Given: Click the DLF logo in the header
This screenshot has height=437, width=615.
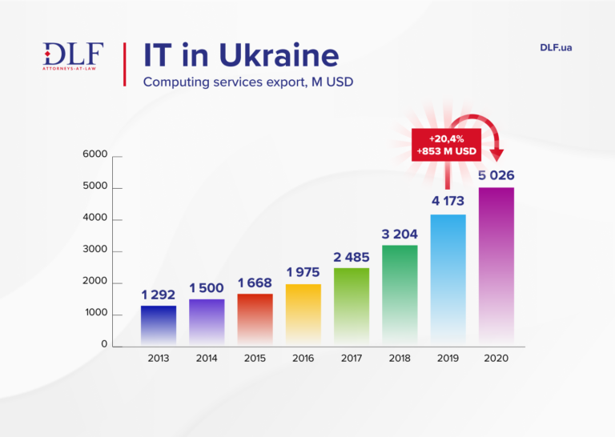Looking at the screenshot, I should (73, 56).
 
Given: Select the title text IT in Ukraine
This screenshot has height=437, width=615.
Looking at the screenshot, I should (240, 55).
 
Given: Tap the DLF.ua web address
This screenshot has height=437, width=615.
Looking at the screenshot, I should (556, 47).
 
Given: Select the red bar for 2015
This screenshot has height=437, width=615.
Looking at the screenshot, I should (255, 319).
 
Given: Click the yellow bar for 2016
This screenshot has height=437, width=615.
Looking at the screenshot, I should (303, 315).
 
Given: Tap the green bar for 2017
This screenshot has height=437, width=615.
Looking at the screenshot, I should (351, 307).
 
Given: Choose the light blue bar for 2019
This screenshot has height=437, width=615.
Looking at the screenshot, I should (448, 279).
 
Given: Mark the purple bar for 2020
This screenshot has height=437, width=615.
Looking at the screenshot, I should (496, 266).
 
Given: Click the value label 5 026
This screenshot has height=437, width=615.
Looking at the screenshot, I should (496, 174).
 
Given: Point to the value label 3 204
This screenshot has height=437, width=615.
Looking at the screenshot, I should (399, 234).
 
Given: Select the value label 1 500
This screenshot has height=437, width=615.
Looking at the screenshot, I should (207, 287).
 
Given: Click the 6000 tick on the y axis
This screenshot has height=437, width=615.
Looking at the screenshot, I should (94, 154).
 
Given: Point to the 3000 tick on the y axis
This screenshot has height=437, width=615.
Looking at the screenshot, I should (94, 251).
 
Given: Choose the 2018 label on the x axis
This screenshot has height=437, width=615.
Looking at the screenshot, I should (400, 358).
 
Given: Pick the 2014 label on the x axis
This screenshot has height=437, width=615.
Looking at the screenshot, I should (207, 358).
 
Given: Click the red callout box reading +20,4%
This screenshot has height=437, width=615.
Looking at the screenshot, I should (445, 145).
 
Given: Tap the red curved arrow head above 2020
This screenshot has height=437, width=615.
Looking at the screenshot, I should (497, 154).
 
